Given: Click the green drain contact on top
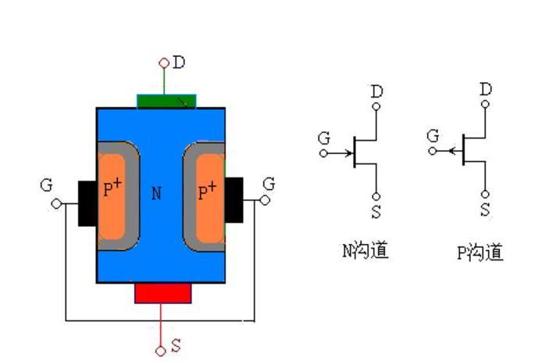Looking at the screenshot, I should [166, 101].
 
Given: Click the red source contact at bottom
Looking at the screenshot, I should [162, 292].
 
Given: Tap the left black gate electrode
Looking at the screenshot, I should [87, 203].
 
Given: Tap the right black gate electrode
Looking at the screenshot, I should [234, 199].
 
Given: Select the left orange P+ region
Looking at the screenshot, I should [114, 195].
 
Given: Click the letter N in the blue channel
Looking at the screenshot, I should [156, 193].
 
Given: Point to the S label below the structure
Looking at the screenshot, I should [176, 344].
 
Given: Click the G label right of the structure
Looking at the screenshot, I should [269, 184].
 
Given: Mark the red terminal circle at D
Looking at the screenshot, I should [164, 63].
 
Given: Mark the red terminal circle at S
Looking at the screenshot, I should [161, 351].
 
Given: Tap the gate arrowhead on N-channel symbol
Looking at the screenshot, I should [348, 152].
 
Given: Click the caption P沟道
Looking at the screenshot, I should [480, 253].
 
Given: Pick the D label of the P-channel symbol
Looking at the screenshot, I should [486, 89].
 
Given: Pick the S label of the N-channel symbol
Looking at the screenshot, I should [376, 211].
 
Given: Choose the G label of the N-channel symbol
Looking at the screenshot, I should [324, 138].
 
